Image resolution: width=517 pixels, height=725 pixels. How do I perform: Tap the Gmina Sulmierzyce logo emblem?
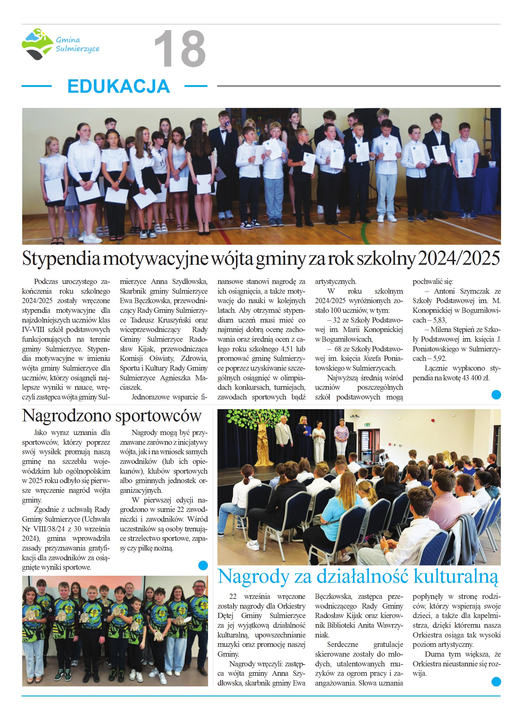[x=37, y=44]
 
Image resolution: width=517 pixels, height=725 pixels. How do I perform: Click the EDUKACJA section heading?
[x=118, y=86]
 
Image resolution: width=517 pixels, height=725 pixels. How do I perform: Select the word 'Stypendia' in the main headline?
[x=61, y=258]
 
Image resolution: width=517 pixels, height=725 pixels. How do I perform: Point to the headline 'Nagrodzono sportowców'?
[x=111, y=416]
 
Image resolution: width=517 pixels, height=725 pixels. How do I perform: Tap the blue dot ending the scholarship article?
[x=496, y=395]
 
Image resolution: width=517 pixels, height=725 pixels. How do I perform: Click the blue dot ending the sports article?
[x=203, y=565]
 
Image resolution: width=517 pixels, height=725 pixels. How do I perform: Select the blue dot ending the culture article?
[x=496, y=682]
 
